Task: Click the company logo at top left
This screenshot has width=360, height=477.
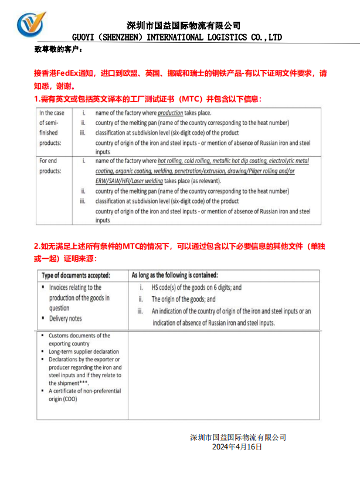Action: tap(30, 25)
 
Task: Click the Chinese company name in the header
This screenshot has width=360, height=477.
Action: tap(184, 26)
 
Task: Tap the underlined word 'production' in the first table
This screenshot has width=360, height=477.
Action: tap(171, 113)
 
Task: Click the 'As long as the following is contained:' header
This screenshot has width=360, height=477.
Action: tap(183, 275)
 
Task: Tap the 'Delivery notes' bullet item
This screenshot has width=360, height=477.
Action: tap(66, 319)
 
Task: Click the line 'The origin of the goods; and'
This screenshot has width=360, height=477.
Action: tap(184, 299)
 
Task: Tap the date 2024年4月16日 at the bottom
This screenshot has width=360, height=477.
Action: tap(237, 446)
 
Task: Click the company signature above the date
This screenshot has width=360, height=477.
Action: tap(237, 437)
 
